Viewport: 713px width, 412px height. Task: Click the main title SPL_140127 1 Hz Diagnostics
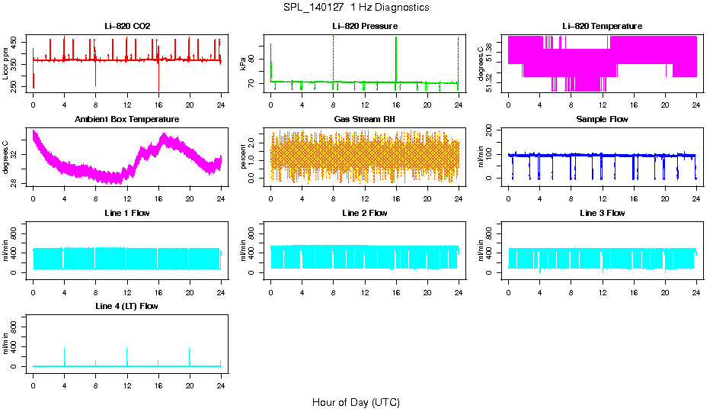[x=356, y=8]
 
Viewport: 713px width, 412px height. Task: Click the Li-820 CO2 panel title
[x=127, y=26]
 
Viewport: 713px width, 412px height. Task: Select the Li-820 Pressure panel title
[x=365, y=26]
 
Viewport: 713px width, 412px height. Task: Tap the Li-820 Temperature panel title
[x=602, y=26]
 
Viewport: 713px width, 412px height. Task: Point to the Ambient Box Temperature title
[x=127, y=119]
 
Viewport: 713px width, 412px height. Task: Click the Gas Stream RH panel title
[x=365, y=119]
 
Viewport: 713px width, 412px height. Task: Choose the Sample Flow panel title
[x=602, y=119]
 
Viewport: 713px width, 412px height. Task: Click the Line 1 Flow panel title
[x=127, y=213]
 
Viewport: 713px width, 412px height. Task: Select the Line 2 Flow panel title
[x=365, y=213]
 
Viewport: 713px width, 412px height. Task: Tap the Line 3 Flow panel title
[x=602, y=213]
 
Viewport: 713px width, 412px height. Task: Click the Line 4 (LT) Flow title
[x=127, y=306]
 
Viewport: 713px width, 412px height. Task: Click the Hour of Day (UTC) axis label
[x=356, y=402]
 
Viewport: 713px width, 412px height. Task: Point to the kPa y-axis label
[x=244, y=64]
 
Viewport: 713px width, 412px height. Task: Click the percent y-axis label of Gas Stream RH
[x=244, y=157]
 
